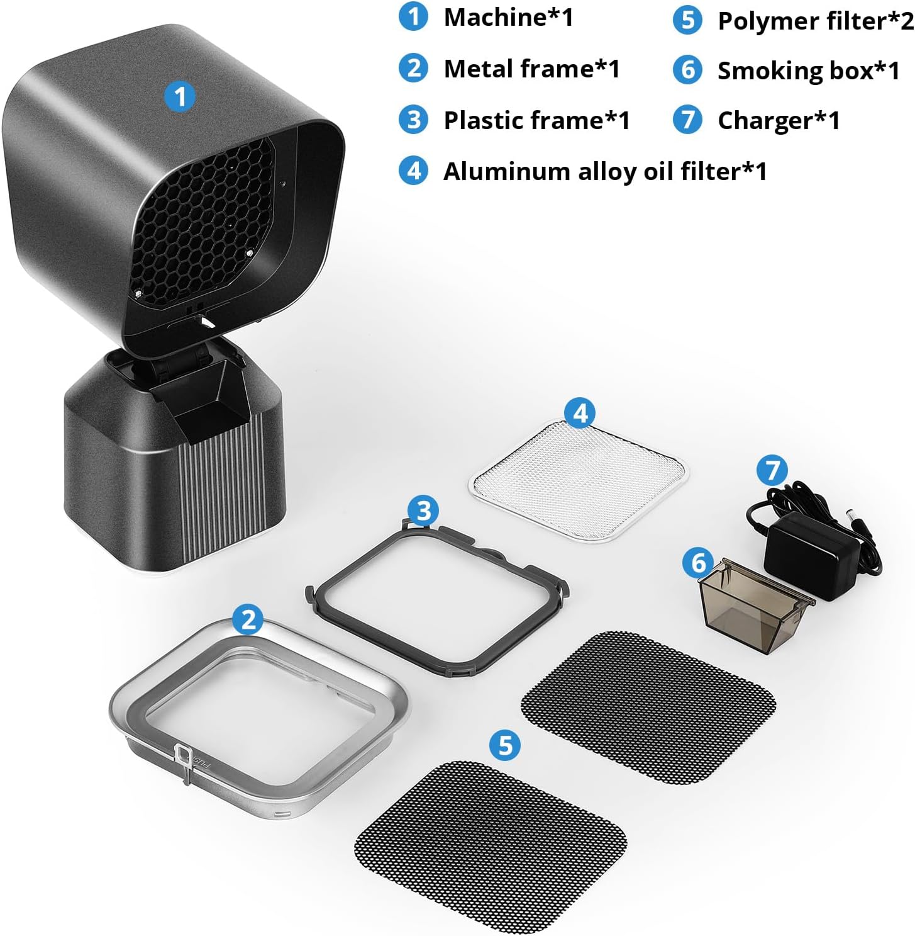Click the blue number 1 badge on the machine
point(180,96)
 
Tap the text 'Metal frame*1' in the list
point(531,69)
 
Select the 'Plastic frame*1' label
point(536,120)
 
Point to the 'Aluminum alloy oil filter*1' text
point(604,172)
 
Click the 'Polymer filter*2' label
point(816,21)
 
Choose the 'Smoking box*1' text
point(808,71)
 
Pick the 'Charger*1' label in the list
point(779,121)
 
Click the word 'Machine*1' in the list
point(509,18)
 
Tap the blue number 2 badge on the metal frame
point(248,619)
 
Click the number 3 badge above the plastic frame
point(423,511)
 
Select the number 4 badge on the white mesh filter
point(580,413)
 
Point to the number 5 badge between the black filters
point(504,745)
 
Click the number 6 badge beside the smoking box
point(698,563)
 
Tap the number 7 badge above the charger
point(772,470)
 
